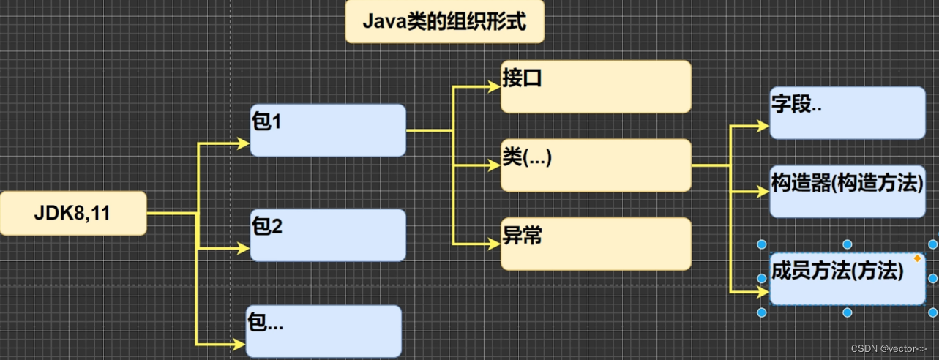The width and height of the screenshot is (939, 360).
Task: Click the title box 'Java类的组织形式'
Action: point(445,22)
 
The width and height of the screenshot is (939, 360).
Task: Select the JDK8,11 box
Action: point(72,214)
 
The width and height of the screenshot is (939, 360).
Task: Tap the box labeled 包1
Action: point(327,130)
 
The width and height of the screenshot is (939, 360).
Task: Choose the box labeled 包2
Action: point(327,235)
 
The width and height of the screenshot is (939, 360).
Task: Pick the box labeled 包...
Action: point(323,331)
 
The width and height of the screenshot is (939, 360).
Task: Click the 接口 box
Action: point(596,86)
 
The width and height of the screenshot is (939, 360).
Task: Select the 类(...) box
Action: point(596,165)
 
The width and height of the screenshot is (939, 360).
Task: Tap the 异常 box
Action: point(596,243)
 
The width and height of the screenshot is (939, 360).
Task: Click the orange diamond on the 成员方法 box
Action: point(917,258)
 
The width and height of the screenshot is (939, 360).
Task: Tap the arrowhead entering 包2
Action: point(244,249)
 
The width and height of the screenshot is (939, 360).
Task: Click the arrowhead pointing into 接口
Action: point(495,86)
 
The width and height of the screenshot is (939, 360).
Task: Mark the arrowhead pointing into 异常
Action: point(495,243)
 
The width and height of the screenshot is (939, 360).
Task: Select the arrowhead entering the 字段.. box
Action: point(763,126)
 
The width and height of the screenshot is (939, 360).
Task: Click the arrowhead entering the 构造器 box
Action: point(763,192)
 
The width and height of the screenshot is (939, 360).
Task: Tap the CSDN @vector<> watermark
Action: point(893,349)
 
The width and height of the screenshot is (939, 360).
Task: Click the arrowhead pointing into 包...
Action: point(239,343)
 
